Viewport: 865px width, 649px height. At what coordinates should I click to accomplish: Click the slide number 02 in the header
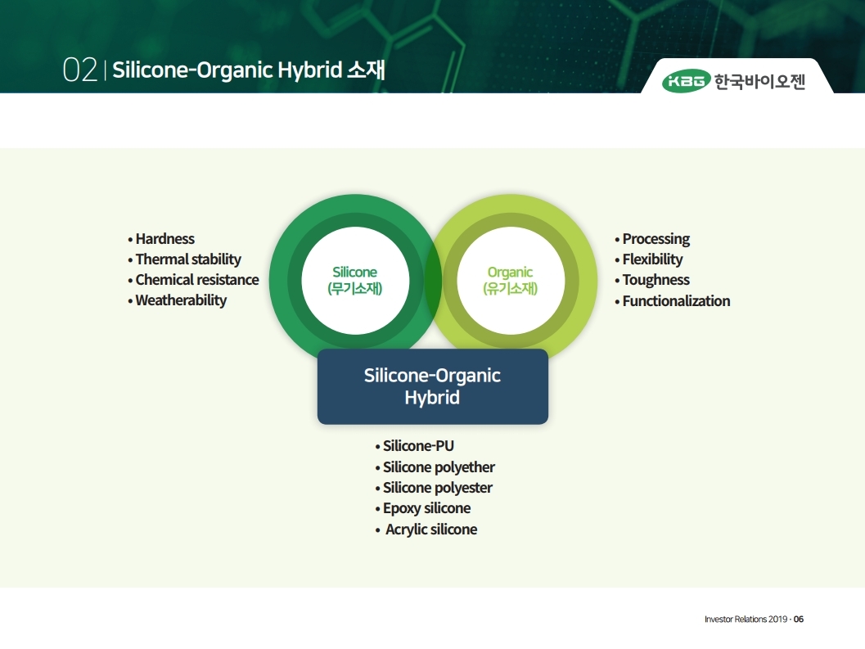tap(80, 70)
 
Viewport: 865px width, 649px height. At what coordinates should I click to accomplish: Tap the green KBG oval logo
tap(686, 82)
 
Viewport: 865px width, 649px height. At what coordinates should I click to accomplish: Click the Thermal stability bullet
tap(184, 259)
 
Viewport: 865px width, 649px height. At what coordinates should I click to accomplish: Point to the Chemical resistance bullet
tap(193, 280)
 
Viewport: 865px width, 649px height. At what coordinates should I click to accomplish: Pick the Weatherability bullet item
tap(177, 300)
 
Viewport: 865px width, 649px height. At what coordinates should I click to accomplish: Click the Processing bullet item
tap(652, 239)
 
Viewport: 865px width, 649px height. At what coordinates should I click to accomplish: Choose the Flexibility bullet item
tap(648, 259)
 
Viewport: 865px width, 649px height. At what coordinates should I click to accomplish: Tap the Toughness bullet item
tap(652, 280)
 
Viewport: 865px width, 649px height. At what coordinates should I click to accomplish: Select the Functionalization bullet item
tap(672, 301)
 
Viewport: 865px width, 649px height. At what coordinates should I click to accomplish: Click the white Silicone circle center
tap(355, 281)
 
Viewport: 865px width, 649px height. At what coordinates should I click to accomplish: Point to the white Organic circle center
tap(511, 281)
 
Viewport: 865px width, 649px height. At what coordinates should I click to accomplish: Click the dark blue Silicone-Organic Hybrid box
tap(432, 386)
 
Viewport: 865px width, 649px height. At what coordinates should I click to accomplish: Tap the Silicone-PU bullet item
tap(414, 446)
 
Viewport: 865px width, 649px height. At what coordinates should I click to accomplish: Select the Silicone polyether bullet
tap(435, 467)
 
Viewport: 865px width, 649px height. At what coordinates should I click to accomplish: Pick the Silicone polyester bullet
tap(434, 488)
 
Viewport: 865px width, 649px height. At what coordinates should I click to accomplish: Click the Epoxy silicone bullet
tap(422, 508)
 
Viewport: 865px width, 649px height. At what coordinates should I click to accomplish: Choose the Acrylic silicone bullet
tap(426, 530)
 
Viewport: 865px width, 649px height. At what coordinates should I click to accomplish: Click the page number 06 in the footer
tap(798, 620)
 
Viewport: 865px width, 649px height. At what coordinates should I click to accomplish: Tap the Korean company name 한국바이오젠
tap(760, 82)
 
